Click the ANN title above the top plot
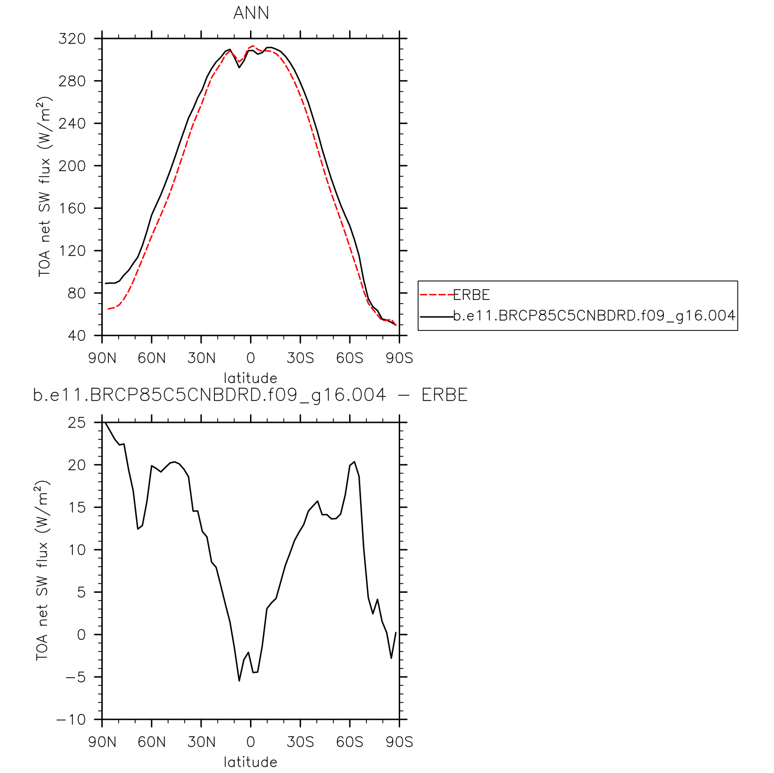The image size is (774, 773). tap(251, 13)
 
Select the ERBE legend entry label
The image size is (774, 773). tap(471, 295)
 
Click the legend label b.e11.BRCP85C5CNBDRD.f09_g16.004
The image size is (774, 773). tap(594, 316)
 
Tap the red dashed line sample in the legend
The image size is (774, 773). tap(436, 295)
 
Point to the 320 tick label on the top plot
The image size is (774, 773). tap(72, 38)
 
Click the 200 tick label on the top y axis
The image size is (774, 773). tap(72, 166)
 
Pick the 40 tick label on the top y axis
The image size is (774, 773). tap(77, 336)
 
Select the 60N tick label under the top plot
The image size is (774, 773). tap(152, 359)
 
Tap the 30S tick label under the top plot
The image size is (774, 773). tap(300, 359)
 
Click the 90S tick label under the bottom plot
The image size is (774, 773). tap(399, 742)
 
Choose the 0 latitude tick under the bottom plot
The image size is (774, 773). tap(250, 742)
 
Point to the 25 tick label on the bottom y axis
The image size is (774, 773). tap(77, 422)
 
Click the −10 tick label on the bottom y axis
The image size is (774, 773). tap(71, 719)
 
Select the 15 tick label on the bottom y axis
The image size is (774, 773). tap(77, 507)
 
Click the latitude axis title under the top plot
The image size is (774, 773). tap(250, 378)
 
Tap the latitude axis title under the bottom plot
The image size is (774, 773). tap(250, 762)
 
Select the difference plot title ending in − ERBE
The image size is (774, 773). tap(250, 395)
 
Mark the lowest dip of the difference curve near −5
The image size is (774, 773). tap(239, 681)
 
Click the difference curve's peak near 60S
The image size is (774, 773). tap(354, 462)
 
